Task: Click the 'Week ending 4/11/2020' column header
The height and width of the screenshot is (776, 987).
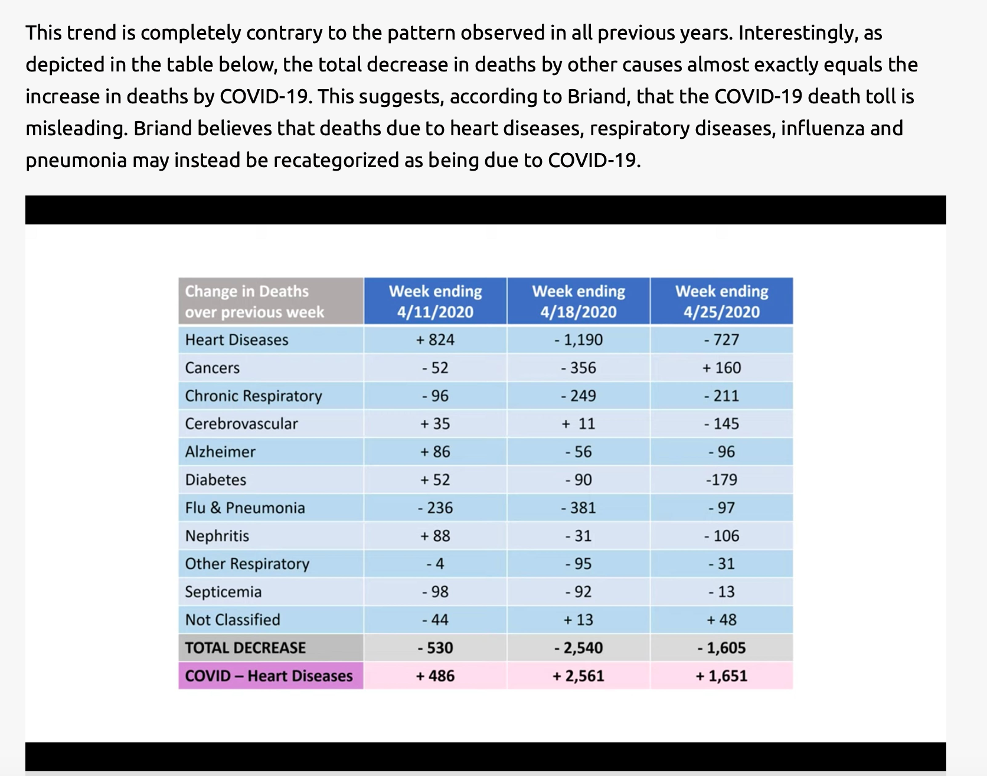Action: (435, 301)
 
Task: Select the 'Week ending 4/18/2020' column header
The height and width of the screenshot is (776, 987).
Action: (579, 301)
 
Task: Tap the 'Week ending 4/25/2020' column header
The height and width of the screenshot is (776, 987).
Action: (722, 301)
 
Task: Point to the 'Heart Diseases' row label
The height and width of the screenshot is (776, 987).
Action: (237, 340)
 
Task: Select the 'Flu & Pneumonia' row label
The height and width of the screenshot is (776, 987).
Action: (245, 508)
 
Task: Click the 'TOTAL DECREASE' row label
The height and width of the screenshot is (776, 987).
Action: (246, 648)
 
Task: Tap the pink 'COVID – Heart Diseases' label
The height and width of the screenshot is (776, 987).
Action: (269, 676)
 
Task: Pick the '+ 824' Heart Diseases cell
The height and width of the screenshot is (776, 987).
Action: (435, 340)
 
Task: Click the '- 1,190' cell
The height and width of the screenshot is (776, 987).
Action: (579, 340)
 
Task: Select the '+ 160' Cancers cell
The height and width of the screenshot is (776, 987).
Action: (722, 368)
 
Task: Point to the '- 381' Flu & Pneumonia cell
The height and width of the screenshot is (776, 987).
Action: (579, 508)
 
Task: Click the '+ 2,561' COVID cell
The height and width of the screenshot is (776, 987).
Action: (579, 676)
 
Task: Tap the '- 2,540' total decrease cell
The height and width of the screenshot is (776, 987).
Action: (579, 648)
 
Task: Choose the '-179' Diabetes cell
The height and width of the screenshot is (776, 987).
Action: (722, 480)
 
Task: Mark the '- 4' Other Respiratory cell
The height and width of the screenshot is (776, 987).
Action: (435, 564)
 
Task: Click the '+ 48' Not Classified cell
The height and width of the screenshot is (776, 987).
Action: (722, 620)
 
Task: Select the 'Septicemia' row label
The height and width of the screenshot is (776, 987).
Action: (223, 592)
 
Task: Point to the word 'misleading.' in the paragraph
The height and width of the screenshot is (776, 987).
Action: (77, 129)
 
